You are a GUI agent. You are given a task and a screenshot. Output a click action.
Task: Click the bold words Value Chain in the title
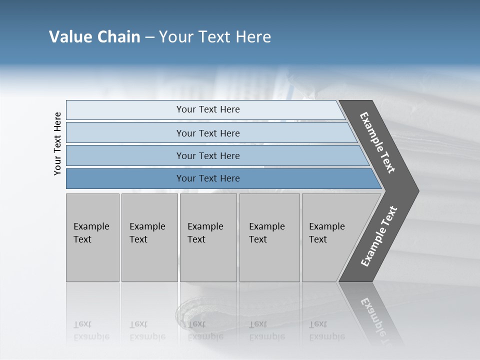[94, 37]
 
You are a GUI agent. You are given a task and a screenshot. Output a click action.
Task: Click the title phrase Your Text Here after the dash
[215, 37]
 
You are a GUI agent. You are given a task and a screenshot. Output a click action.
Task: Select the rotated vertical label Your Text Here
[57, 143]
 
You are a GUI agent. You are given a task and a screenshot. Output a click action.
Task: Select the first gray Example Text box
[92, 237]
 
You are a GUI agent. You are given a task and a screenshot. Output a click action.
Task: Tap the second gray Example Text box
[149, 237]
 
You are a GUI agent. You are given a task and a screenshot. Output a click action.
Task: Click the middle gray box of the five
[208, 237]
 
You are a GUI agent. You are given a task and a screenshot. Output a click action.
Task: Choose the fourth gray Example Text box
[269, 237]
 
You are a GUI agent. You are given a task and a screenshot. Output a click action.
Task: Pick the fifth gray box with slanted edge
[330, 237]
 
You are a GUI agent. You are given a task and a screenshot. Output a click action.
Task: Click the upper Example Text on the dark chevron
[377, 142]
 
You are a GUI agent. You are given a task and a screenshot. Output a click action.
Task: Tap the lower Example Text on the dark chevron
[379, 236]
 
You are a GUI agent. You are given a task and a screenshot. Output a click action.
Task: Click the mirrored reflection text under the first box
[91, 330]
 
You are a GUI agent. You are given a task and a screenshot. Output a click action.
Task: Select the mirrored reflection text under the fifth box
[327, 330]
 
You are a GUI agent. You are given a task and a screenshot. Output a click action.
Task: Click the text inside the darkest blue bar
[208, 178]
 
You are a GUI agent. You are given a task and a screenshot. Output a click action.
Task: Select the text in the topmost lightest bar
[208, 109]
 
